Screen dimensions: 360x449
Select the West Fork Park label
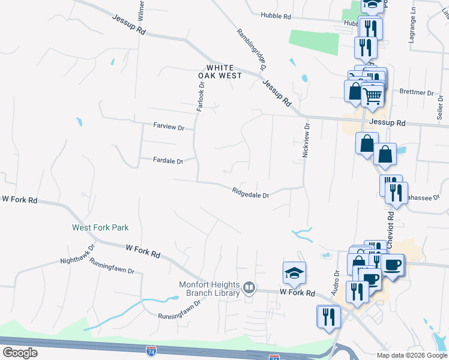[100, 227]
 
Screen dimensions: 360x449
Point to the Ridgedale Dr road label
[250, 192]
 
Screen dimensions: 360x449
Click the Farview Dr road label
[173, 126]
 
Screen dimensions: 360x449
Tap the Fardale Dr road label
[167, 160]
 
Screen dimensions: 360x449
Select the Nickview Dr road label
[306, 141]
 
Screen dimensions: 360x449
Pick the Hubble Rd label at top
[276, 16]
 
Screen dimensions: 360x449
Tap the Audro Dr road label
[336, 281]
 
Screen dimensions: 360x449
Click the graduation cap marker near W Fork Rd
[295, 272]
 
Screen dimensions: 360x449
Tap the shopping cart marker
[373, 95]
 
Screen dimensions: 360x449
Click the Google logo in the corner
[20, 352]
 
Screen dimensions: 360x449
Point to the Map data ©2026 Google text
[411, 355]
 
